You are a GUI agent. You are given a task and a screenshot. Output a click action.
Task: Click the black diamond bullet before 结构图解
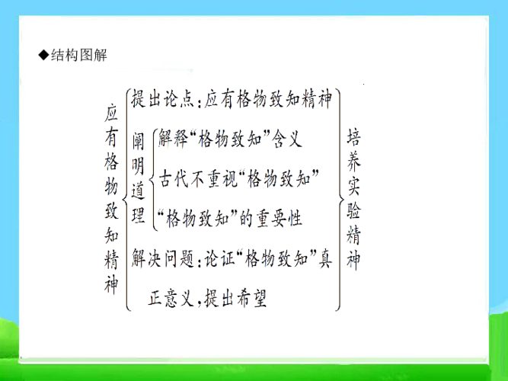pyautogui.click(x=43, y=55)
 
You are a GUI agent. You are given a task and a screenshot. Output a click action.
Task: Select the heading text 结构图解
pyautogui.click(x=79, y=55)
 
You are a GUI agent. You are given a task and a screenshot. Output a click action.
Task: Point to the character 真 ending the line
pyautogui.click(x=326, y=258)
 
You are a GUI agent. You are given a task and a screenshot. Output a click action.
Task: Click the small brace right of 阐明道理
pyautogui.click(x=152, y=178)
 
